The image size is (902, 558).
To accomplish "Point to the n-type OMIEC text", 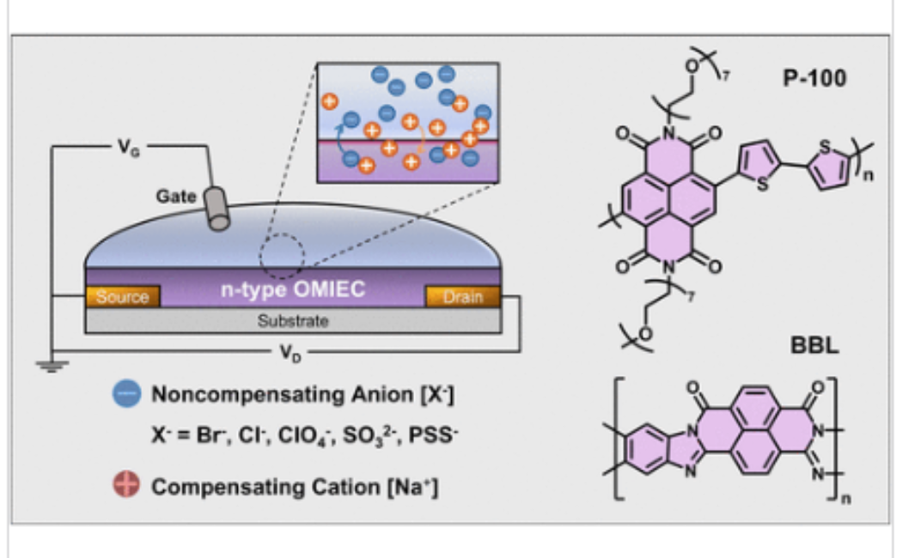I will click(292, 292).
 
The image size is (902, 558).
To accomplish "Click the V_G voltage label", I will click(126, 147).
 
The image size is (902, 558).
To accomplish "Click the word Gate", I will click(175, 196).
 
